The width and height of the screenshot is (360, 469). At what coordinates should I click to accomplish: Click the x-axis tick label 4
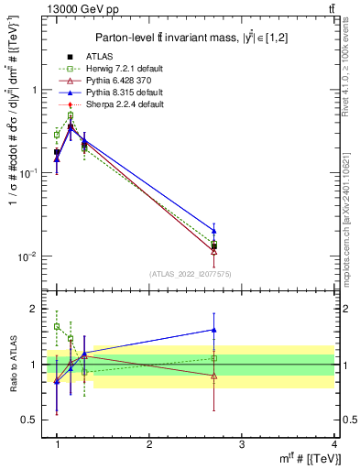tap(333, 444)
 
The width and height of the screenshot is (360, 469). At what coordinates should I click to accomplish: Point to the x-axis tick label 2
tap(149, 444)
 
